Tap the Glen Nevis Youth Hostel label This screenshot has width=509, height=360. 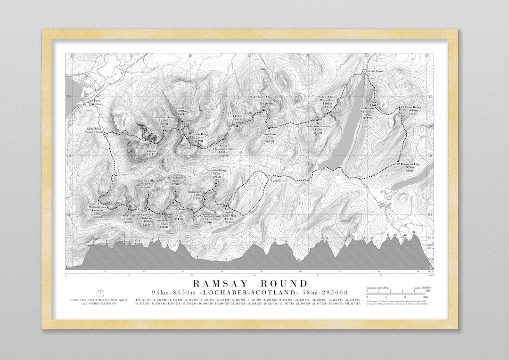pos(93,131)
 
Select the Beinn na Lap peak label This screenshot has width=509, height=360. pos(406,168)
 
